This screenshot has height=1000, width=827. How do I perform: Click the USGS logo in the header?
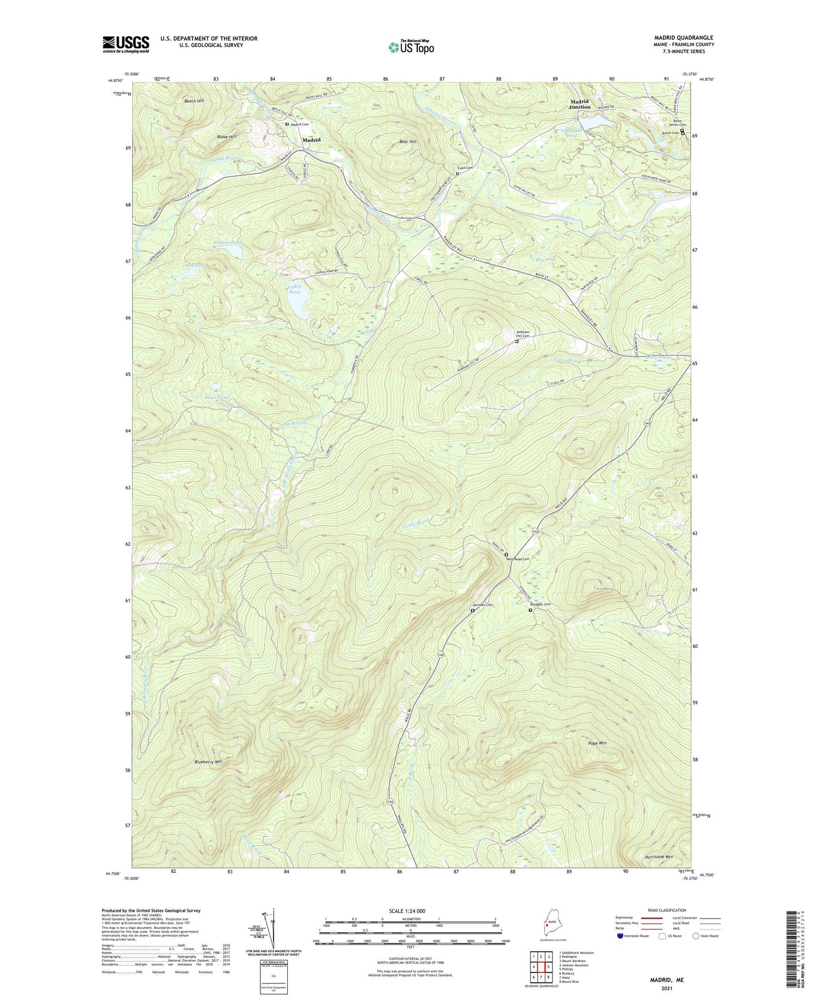126,44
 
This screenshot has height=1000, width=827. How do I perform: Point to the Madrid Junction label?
580,104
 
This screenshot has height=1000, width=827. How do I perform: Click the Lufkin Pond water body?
298,304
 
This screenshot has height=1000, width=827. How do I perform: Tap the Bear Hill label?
409,141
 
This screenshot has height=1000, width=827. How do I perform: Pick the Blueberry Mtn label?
208,762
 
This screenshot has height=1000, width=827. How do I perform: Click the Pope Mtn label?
598,743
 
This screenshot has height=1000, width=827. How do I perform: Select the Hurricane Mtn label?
655,857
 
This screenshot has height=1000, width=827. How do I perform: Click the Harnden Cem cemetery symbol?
473,611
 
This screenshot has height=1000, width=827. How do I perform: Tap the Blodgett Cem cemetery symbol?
530,610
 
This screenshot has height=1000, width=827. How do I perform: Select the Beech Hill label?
194,101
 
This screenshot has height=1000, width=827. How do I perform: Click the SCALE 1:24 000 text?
410,911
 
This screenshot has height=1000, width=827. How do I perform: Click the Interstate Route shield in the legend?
621,936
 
